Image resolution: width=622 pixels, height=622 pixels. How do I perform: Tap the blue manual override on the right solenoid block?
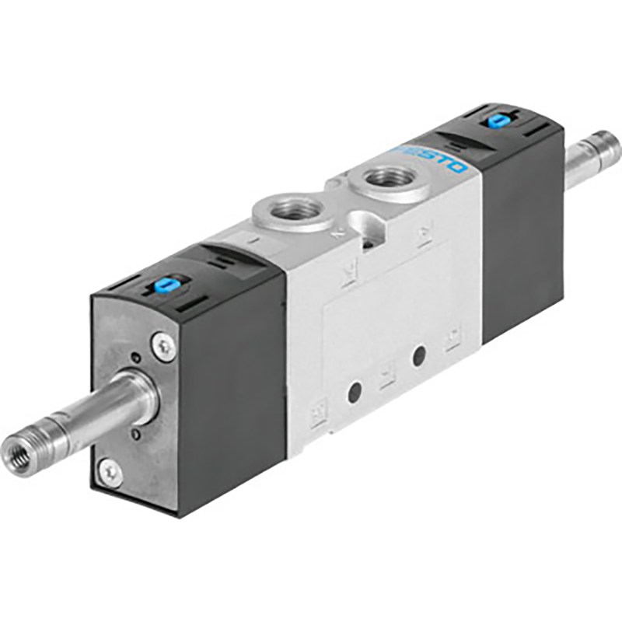(494, 121)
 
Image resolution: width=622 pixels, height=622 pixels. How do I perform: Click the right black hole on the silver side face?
(419, 357)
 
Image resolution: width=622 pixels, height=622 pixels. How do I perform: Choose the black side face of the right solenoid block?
(521, 225)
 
